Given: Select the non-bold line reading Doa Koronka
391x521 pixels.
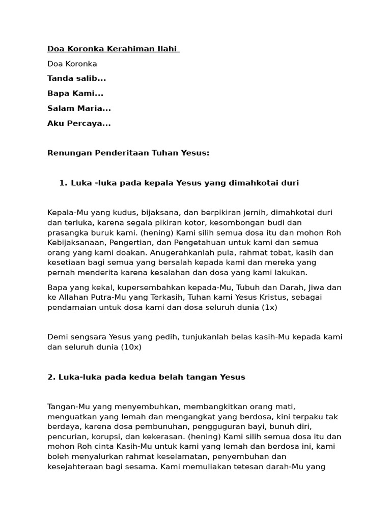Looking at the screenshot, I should tap(72, 64).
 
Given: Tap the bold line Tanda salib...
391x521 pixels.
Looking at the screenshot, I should tap(76, 78).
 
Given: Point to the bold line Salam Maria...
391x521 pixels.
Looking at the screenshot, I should tap(79, 108).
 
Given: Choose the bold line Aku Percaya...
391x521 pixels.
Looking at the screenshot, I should tap(79, 123).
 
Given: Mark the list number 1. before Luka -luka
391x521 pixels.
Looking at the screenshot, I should tap(63, 183).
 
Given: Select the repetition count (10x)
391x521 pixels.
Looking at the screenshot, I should tap(131, 347).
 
